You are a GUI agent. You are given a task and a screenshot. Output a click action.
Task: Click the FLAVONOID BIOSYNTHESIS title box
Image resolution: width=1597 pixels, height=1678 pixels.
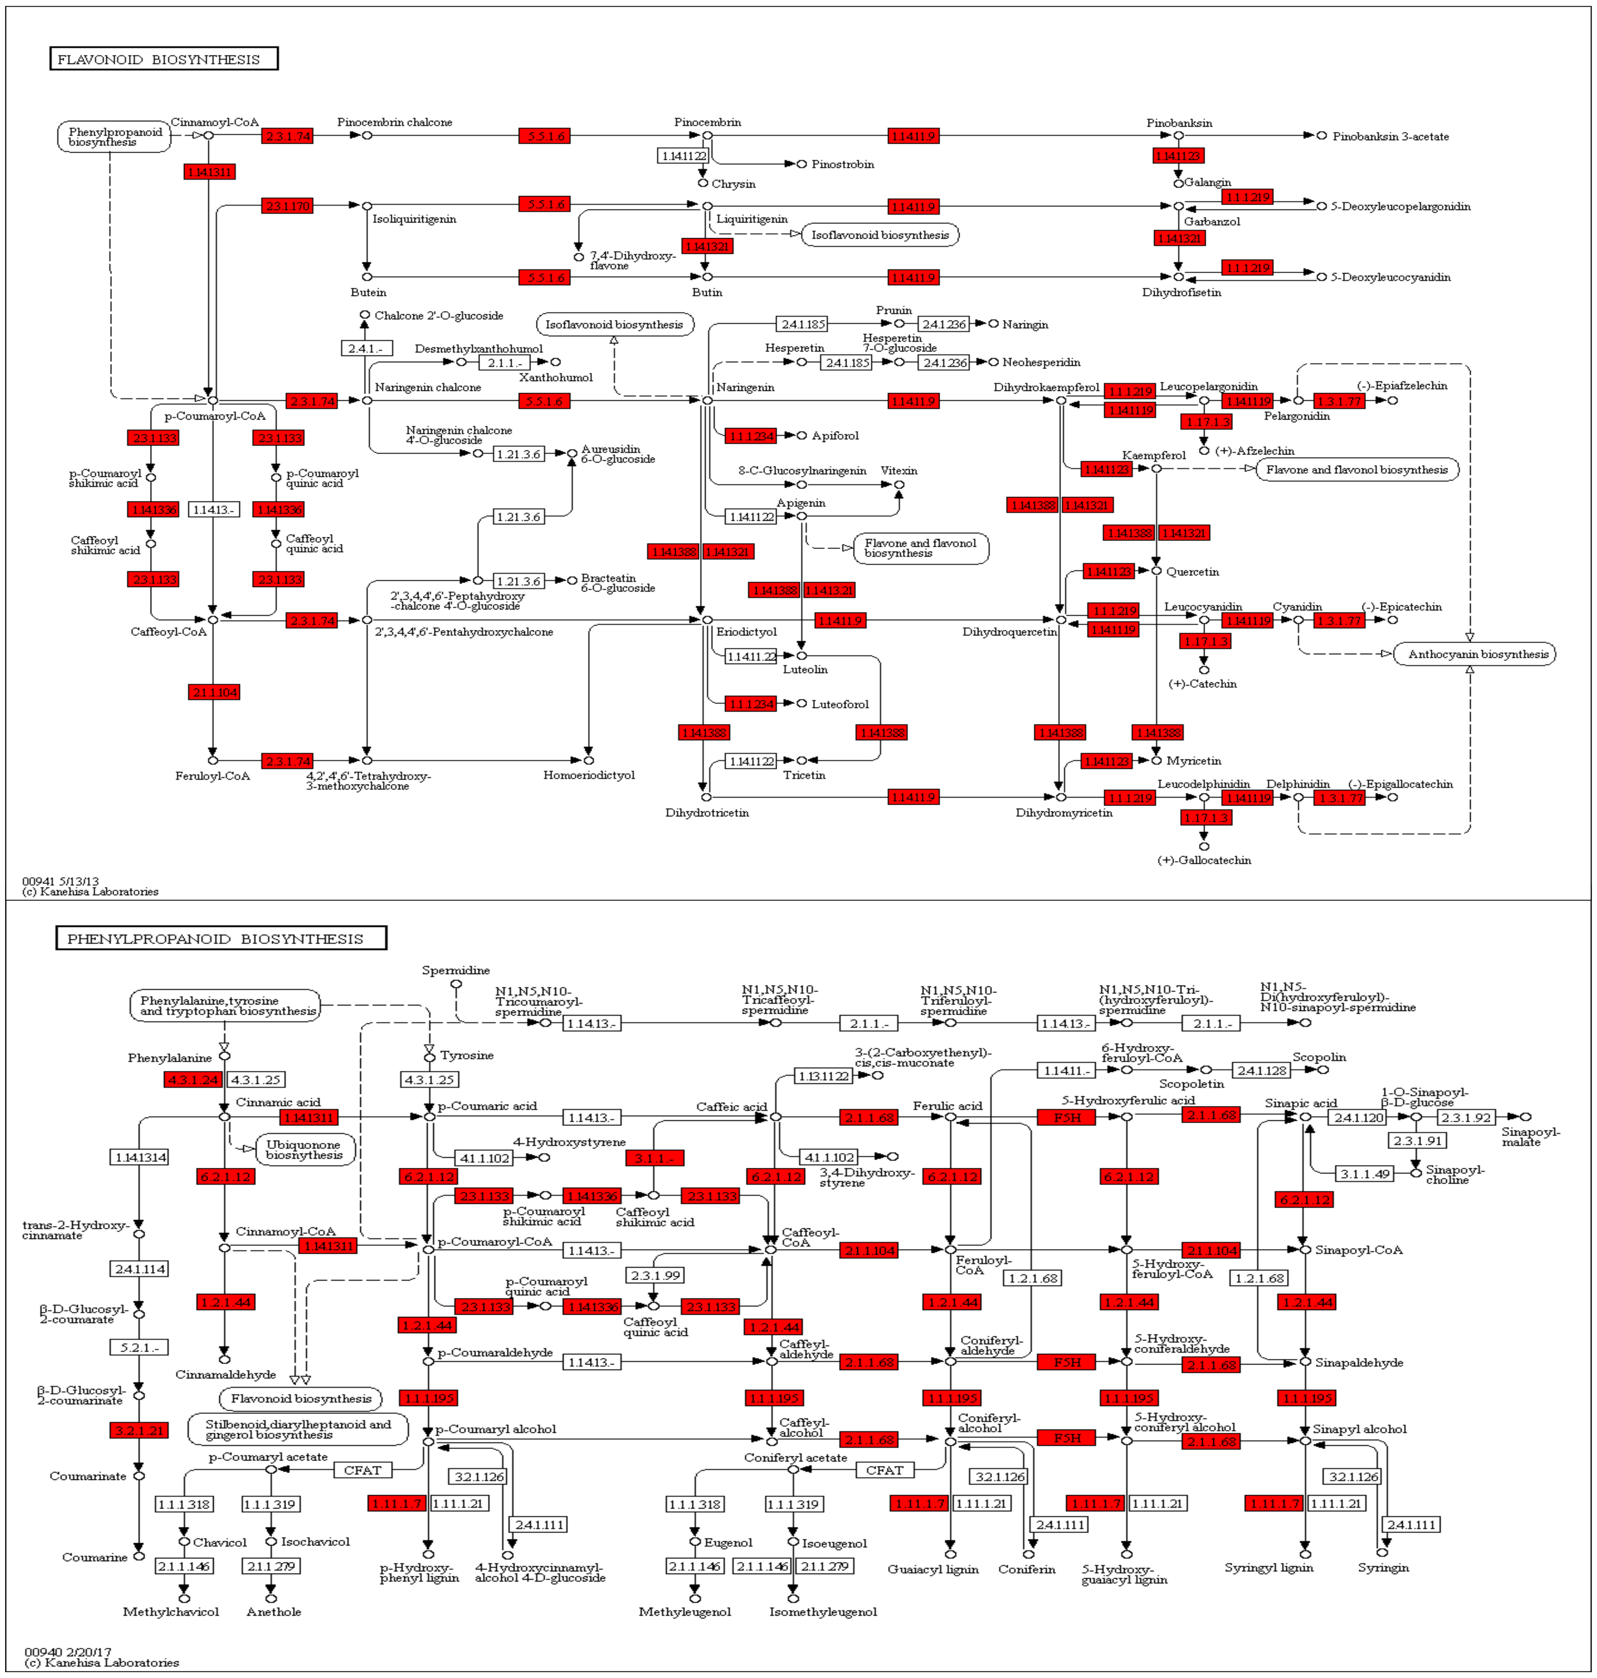point(163,59)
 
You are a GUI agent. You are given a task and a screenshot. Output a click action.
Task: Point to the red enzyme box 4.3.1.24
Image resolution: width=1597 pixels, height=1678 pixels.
point(193,1079)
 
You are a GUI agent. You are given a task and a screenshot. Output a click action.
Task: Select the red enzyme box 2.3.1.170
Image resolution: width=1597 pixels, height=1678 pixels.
point(288,206)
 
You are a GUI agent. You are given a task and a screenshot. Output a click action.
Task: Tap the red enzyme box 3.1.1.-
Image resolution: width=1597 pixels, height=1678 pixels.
point(654,1157)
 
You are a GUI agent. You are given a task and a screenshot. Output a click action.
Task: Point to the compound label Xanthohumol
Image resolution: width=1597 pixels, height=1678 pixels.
point(556,377)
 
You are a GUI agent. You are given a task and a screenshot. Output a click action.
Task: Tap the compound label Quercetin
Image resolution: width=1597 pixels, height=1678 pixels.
point(1192,572)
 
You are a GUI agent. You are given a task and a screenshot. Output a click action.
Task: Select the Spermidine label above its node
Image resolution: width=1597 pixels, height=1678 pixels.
point(455,970)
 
